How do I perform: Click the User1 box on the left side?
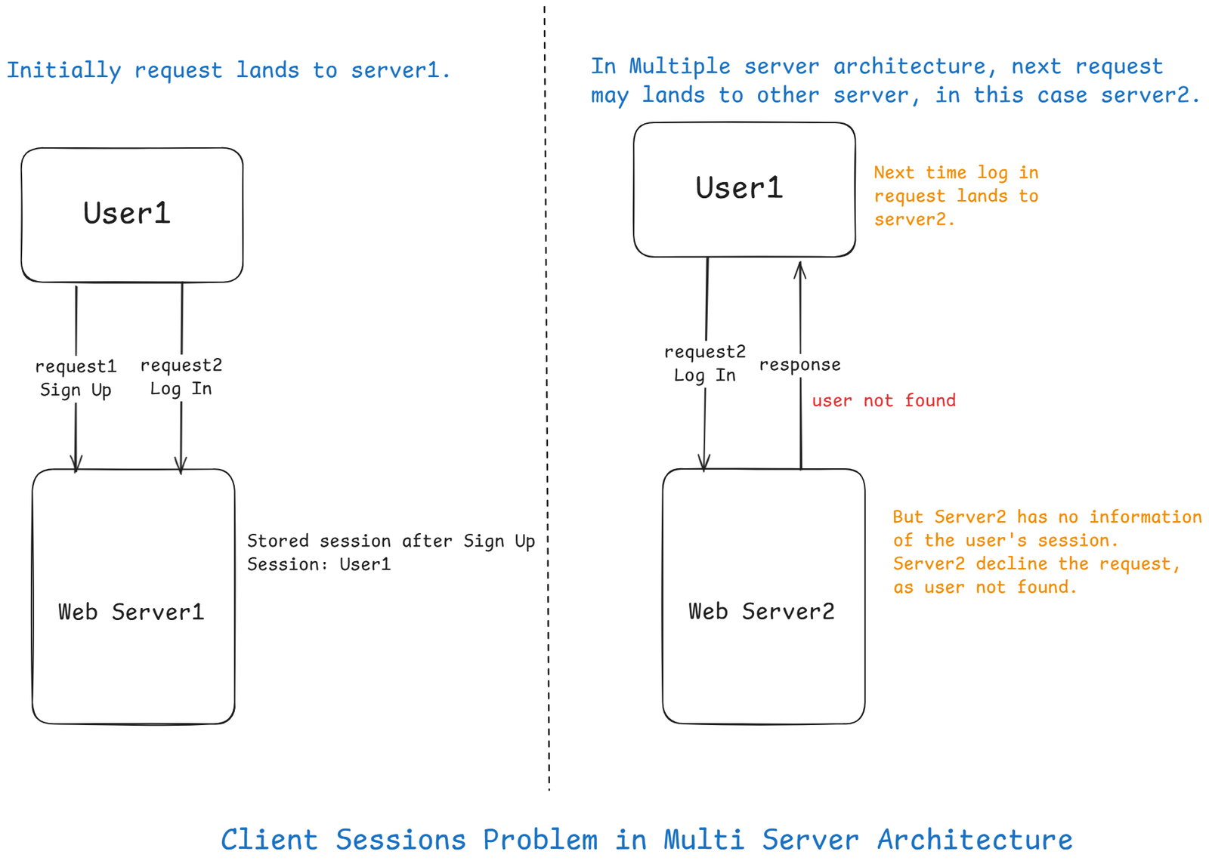131,214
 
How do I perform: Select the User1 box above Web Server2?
744,189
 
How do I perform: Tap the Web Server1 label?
131,612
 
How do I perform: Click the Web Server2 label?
762,611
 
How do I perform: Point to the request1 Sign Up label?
76,378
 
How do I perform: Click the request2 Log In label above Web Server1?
181,377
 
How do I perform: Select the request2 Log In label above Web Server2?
704,363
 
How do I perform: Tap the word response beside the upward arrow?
799,365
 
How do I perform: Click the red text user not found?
883,400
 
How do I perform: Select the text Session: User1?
319,564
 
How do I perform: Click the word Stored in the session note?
277,541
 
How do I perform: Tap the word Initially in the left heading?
63,70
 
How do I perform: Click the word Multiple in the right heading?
679,66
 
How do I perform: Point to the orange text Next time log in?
956,173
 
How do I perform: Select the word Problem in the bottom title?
540,840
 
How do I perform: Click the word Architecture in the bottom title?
974,840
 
